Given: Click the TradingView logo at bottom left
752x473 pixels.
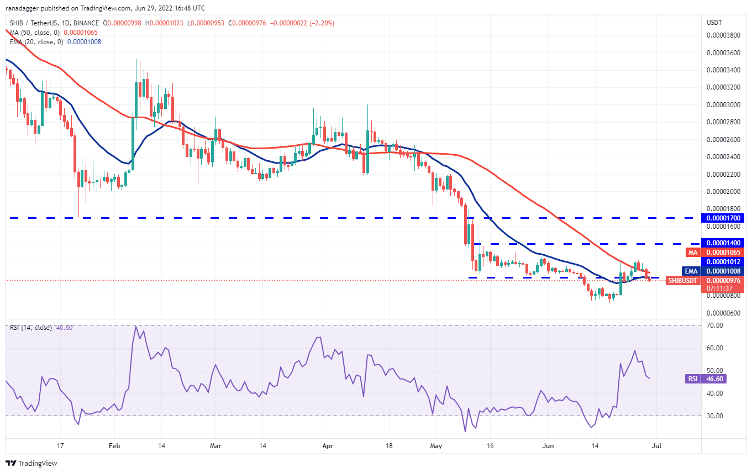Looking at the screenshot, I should pos(31,463).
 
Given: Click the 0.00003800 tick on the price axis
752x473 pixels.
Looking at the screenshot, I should pos(724,35).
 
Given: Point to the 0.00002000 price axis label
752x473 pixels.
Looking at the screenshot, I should pos(724,191).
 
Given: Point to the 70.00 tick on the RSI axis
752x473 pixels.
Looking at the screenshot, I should pos(715,325).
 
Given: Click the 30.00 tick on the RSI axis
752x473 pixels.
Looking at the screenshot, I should pos(715,416).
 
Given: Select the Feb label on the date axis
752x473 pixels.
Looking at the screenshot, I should pos(114,445).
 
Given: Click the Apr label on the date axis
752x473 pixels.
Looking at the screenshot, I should pos(328,445).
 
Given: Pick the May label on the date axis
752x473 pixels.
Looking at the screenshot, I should pos(436,445).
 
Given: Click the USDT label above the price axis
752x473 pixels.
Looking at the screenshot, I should pos(715,23).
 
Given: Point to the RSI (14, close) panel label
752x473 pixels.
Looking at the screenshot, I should pos(31,328).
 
